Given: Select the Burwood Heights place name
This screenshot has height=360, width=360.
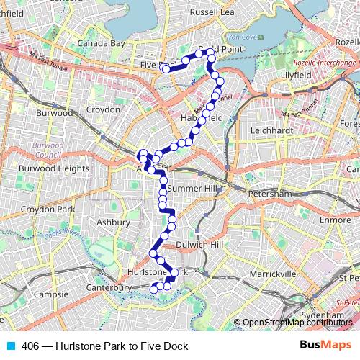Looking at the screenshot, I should (54, 168).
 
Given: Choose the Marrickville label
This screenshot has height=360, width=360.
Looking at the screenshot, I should (274, 274).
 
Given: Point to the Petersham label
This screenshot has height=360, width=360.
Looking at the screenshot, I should (268, 194).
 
